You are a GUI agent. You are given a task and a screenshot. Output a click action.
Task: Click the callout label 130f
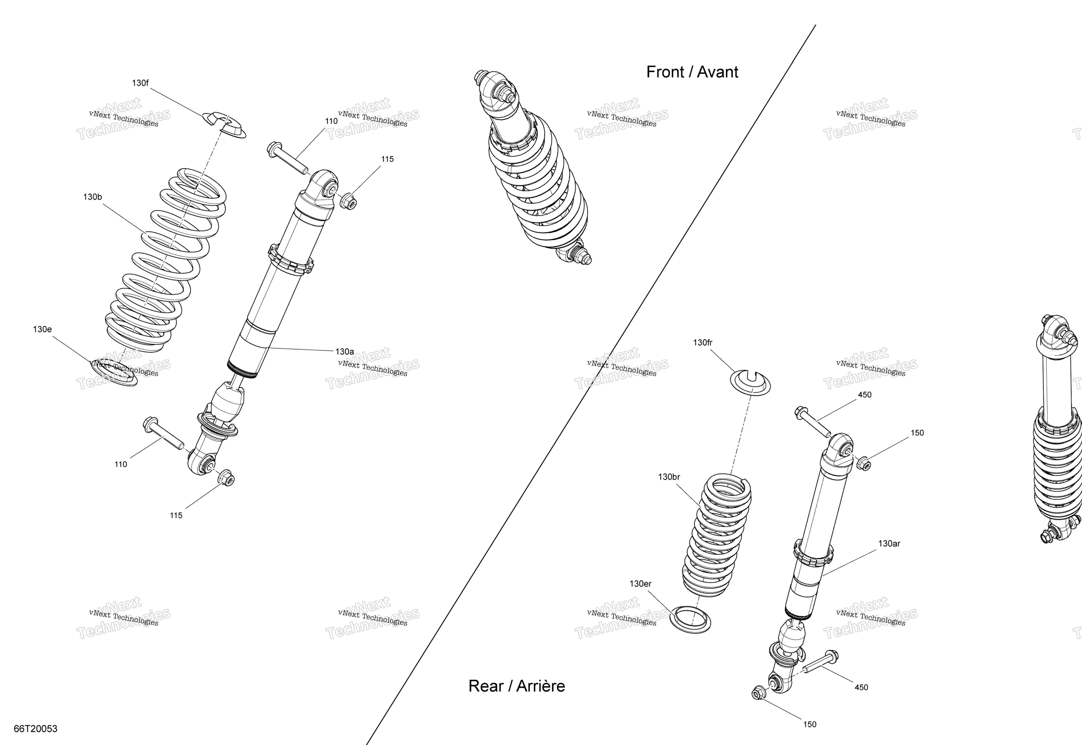click(x=140, y=83)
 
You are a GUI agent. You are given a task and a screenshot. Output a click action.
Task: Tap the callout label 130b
click(x=92, y=197)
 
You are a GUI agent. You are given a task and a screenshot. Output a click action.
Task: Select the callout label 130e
click(x=42, y=329)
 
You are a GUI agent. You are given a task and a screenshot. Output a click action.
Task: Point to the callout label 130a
click(x=344, y=352)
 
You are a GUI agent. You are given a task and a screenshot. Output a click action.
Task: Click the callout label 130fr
click(x=703, y=343)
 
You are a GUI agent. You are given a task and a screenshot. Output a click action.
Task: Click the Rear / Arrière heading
click(x=516, y=686)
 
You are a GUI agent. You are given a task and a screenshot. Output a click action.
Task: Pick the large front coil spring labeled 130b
click(x=165, y=260)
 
